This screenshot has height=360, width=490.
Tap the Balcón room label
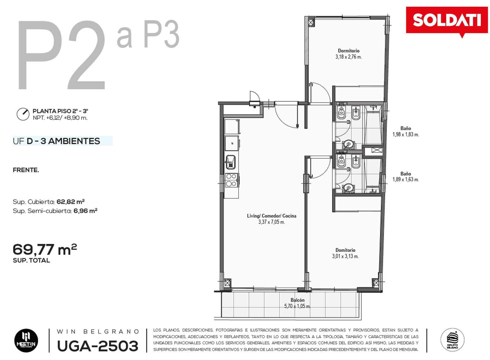coord(297,300)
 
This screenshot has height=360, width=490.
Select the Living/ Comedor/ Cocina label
coord(271,216)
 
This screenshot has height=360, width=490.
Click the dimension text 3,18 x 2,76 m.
coord(349,57)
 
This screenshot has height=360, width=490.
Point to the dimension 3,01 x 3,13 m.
coord(345,256)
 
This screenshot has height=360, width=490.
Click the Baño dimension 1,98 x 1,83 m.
coord(406,134)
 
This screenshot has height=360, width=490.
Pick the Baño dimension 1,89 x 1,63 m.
coord(406,179)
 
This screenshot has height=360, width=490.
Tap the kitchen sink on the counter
coord(231,162)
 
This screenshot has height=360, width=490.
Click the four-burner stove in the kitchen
coord(231,180)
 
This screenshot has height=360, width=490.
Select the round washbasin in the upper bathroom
coord(348,144)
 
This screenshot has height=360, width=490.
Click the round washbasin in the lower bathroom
coord(348,188)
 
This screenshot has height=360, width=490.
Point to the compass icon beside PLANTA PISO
coord(23,114)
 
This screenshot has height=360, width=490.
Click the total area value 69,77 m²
coord(45,249)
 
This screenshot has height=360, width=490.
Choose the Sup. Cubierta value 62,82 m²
coord(71,201)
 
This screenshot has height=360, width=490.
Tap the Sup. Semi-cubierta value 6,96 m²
coord(85,211)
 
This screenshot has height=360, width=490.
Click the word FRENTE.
coord(26,170)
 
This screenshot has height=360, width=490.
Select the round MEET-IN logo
coord(26,341)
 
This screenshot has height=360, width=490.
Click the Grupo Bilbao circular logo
coord(452,340)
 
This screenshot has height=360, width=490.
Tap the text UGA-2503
coord(98,346)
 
